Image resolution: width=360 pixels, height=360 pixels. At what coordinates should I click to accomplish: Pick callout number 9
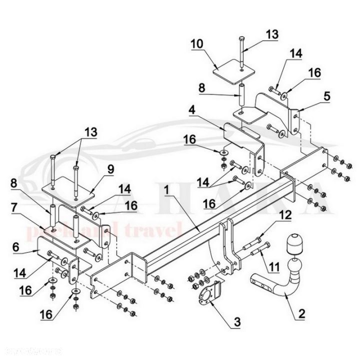(x=109, y=169)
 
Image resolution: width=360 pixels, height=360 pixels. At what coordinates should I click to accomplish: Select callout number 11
(x=273, y=268)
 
